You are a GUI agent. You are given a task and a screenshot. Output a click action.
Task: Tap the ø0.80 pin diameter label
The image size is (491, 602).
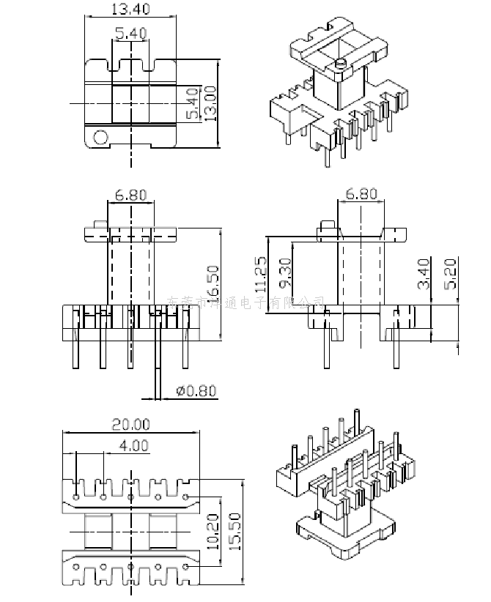[x=197, y=390]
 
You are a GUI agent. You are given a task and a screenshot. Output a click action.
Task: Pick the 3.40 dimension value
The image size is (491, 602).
[x=424, y=272]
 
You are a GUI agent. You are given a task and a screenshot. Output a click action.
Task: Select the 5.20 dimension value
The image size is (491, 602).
[x=450, y=272]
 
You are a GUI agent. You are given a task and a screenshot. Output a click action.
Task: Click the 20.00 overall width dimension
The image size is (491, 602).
[x=130, y=424]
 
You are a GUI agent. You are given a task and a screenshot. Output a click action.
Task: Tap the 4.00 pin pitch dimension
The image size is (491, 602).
[x=133, y=445]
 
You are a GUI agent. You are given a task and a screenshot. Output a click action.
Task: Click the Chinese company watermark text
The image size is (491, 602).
[x=246, y=301]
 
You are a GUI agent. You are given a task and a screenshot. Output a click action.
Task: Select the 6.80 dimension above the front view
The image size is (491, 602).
[x=130, y=196]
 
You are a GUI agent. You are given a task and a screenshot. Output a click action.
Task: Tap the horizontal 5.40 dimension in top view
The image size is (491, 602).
[x=130, y=32]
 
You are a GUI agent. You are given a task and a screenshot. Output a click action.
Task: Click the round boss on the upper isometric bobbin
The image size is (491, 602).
[x=339, y=64]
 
